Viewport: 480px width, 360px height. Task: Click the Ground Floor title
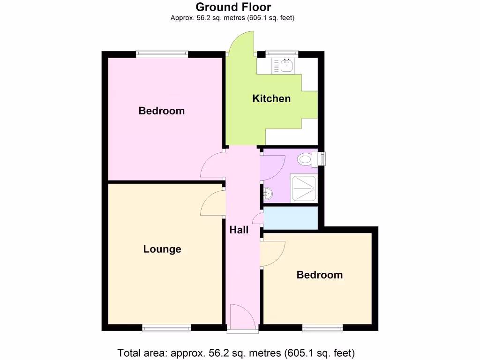click(233, 7)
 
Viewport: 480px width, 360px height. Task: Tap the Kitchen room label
click(271, 98)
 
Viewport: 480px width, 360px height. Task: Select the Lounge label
click(162, 249)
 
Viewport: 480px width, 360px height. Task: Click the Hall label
click(239, 230)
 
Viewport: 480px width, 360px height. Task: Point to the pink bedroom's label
click(162, 111)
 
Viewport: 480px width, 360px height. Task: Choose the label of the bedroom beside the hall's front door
click(320, 275)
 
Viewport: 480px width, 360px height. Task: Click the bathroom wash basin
click(268, 192)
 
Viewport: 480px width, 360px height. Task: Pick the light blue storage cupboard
click(291, 218)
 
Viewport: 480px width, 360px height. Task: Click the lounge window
click(166, 329)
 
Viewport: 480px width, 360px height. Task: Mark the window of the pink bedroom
click(162, 54)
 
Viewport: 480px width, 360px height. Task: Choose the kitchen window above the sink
click(282, 54)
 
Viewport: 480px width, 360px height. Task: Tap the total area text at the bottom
click(236, 352)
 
